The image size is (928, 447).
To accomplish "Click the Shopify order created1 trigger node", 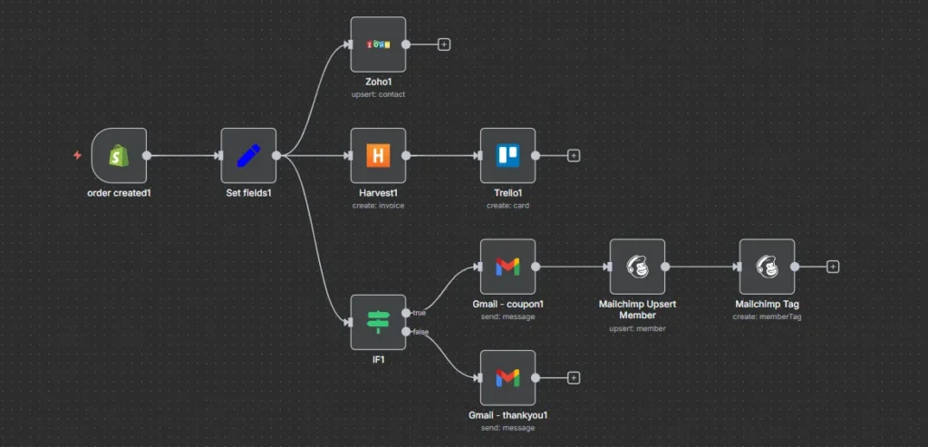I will pyautogui.click(x=119, y=155).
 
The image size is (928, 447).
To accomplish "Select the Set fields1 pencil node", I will pyautogui.click(x=248, y=155).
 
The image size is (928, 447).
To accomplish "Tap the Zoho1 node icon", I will pyautogui.click(x=378, y=44).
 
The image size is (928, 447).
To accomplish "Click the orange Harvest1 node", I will pyautogui.click(x=378, y=155).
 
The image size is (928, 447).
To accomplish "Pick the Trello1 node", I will pyautogui.click(x=507, y=155).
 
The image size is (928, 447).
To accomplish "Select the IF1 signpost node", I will pyautogui.click(x=378, y=321).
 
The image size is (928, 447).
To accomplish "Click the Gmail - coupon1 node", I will pyautogui.click(x=507, y=267).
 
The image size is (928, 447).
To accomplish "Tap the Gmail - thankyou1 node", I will pyautogui.click(x=507, y=378).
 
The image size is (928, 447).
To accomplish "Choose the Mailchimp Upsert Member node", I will pyautogui.click(x=637, y=267).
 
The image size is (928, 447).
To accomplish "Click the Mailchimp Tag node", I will pyautogui.click(x=767, y=267).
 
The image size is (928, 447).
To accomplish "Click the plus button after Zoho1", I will pyautogui.click(x=444, y=44).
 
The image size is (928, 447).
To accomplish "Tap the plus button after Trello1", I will pyautogui.click(x=574, y=155).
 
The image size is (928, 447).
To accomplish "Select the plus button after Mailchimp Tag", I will pyautogui.click(x=833, y=267).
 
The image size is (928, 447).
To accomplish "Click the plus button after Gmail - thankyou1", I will pyautogui.click(x=574, y=378).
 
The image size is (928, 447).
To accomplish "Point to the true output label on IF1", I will pyautogui.click(x=420, y=312).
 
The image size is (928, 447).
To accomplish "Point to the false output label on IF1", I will pyautogui.click(x=420, y=332).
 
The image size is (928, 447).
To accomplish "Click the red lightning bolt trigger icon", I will pyautogui.click(x=78, y=155).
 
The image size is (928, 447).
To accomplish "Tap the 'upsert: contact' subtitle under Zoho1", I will pyautogui.click(x=378, y=94).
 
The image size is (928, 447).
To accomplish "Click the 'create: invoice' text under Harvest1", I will pyautogui.click(x=378, y=206).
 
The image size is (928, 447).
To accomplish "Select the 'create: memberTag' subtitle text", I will pyautogui.click(x=767, y=316).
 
